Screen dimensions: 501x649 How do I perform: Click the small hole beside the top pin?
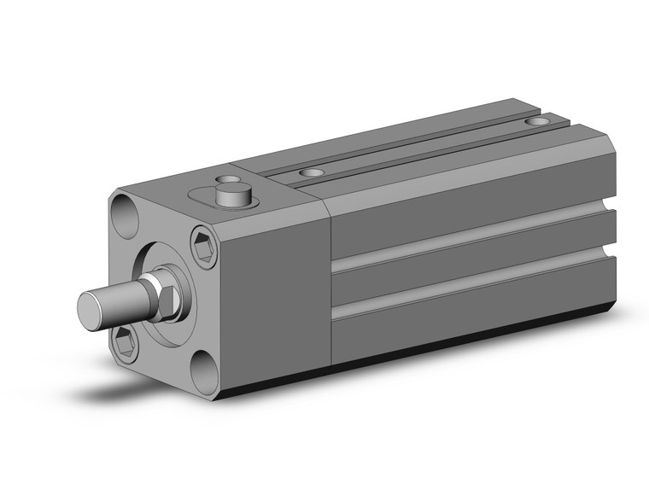click(226, 181)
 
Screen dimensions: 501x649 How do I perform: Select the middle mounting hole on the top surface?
click(312, 173)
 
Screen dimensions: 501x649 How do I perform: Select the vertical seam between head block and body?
click(330, 282)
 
